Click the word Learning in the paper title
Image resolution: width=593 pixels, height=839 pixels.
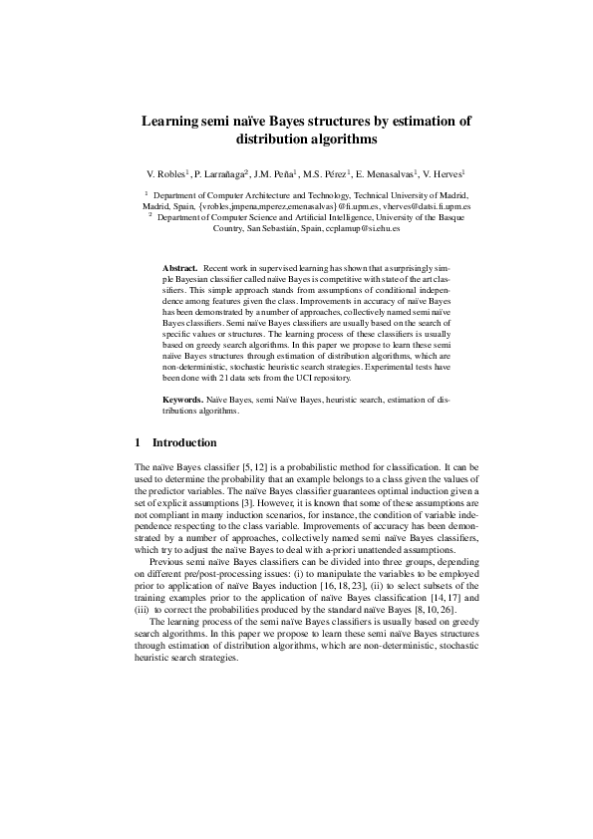point(171,122)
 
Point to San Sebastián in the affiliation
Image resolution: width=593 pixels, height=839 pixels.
point(274,228)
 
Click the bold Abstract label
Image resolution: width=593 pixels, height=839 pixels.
point(180,268)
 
